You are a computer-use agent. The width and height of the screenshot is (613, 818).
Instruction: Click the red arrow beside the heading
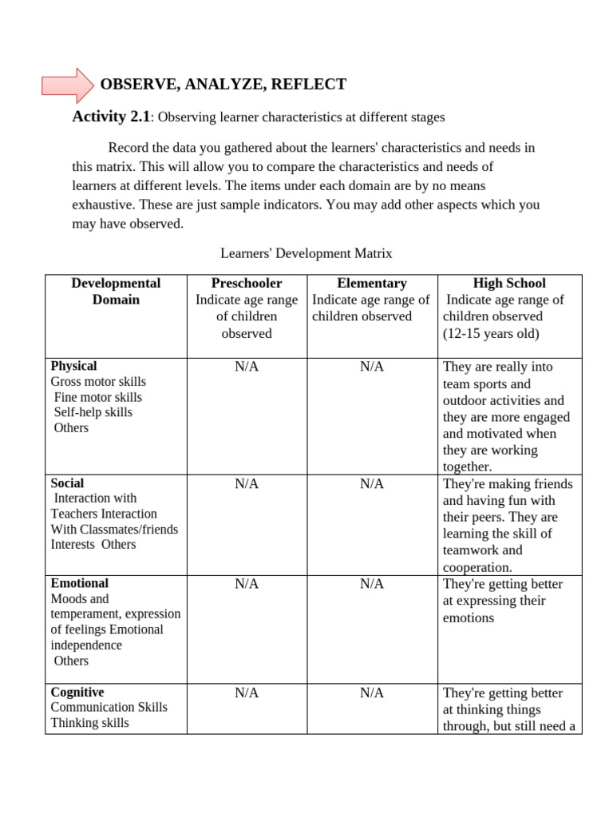click(x=67, y=85)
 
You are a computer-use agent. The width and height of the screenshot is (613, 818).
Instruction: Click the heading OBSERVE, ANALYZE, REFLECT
click(x=223, y=85)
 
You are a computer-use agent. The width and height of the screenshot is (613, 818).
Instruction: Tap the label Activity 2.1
click(x=111, y=117)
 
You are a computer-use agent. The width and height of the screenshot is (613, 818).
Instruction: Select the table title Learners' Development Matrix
click(x=306, y=253)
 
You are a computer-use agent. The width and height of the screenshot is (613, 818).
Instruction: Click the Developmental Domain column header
click(x=116, y=292)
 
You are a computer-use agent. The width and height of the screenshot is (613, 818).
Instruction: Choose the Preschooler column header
click(x=247, y=284)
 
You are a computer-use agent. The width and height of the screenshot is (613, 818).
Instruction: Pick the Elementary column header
click(x=371, y=284)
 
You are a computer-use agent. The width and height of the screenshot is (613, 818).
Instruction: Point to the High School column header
click(x=509, y=284)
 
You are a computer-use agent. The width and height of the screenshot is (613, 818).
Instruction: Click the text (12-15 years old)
click(x=491, y=334)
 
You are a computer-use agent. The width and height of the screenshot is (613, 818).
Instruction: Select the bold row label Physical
click(x=73, y=366)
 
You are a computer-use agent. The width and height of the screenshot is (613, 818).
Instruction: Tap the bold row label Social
click(x=67, y=483)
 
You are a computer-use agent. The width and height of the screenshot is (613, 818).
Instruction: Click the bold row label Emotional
click(x=79, y=583)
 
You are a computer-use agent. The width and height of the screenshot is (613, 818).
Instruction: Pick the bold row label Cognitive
click(x=77, y=693)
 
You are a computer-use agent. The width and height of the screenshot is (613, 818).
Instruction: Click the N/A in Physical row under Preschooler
click(x=247, y=367)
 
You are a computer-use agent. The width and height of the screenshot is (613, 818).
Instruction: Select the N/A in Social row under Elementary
click(x=372, y=483)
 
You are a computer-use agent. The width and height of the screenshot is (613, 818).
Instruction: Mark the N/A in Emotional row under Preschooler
click(x=247, y=584)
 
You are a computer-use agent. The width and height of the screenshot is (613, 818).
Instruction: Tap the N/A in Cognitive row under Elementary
click(x=372, y=693)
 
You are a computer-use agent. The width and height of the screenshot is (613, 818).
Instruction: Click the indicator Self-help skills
click(x=93, y=412)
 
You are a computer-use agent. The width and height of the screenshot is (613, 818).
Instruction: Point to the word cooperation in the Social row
click(x=477, y=567)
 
